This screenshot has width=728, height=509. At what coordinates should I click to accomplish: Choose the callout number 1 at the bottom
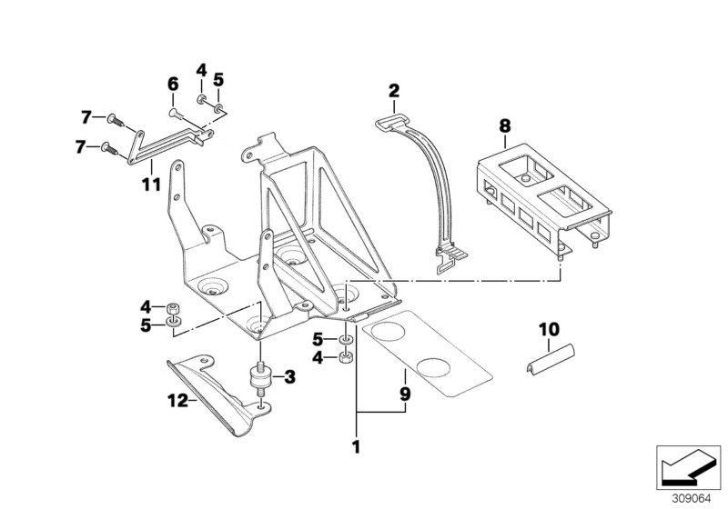(x=357, y=446)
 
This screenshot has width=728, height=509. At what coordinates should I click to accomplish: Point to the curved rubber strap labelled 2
(x=427, y=191)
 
